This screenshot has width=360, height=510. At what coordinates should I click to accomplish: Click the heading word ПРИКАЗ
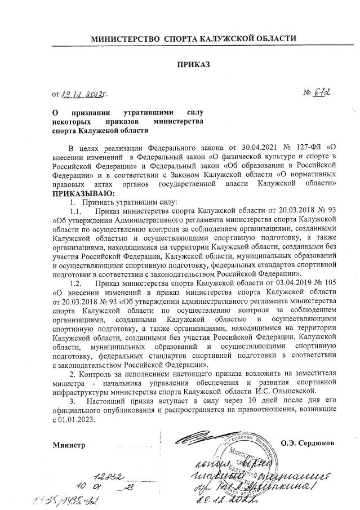193,65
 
